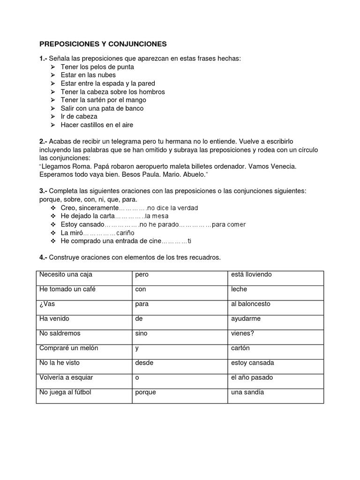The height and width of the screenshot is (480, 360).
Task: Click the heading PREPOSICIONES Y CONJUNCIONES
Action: (103, 44)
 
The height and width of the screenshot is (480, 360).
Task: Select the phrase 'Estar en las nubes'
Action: (88, 75)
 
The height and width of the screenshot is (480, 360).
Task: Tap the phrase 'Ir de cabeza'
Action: (79, 117)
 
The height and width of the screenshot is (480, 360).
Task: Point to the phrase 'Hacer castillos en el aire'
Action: (97, 125)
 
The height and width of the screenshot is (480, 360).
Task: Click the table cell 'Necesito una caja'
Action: (83, 278)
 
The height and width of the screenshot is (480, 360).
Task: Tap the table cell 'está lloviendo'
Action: (275, 278)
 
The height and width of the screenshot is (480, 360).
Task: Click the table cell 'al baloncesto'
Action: (275, 307)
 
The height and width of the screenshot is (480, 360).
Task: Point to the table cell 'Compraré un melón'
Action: (83, 352)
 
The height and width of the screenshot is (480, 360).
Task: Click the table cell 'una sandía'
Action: (275, 395)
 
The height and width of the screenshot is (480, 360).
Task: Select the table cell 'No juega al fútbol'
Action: (83, 395)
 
